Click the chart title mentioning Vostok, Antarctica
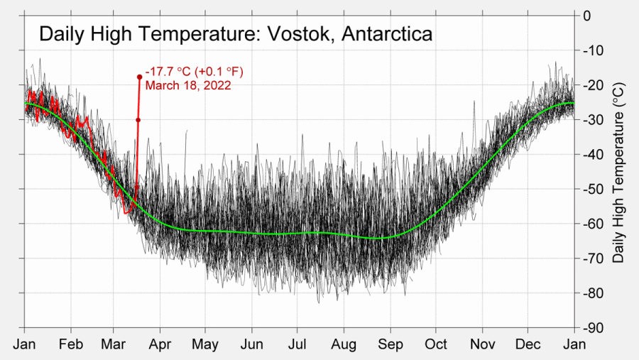(235, 34)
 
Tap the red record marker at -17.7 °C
(140, 77)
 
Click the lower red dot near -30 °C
(138, 120)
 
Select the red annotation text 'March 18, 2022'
(188, 85)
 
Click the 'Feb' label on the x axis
(71, 344)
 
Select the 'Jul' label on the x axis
(297, 344)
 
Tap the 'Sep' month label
(390, 344)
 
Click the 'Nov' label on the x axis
(482, 344)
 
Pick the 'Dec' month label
(528, 344)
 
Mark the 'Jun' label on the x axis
(251, 344)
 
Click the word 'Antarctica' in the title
(387, 34)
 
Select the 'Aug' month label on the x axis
(344, 344)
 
